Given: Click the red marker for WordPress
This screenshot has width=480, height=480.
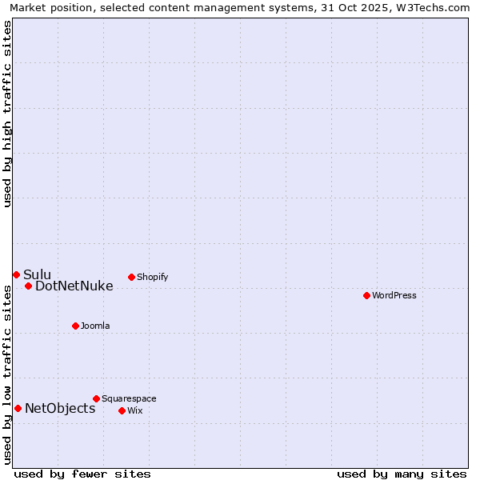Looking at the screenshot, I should pyautogui.click(x=366, y=295).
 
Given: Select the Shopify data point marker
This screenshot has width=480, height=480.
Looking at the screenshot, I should pyautogui.click(x=131, y=278).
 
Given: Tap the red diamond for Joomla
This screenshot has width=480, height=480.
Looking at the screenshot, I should pyautogui.click(x=75, y=326).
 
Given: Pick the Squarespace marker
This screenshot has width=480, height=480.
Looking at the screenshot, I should pyautogui.click(x=96, y=398).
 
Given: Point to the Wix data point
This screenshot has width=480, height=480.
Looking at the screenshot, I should pyautogui.click(x=122, y=410).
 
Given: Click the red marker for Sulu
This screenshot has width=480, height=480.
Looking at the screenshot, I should pyautogui.click(x=16, y=274).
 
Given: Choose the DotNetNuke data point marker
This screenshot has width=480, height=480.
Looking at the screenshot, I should pyautogui.click(x=28, y=286).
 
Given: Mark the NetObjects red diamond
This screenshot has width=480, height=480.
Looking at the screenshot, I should pyautogui.click(x=18, y=408).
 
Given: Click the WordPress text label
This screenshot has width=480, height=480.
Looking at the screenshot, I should pyautogui.click(x=394, y=295).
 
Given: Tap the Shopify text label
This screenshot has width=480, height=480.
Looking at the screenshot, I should pyautogui.click(x=152, y=278).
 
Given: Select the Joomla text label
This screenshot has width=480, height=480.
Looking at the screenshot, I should pyautogui.click(x=95, y=326).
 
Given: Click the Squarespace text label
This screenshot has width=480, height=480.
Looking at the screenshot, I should pyautogui.click(x=129, y=398).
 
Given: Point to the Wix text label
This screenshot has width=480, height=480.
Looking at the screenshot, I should pyautogui.click(x=134, y=410).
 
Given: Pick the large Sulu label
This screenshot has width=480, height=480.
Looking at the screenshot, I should pyautogui.click(x=37, y=274).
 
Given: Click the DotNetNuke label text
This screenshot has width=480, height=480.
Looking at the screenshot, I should pyautogui.click(x=74, y=286).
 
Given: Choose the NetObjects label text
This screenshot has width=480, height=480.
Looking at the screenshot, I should pyautogui.click(x=60, y=408).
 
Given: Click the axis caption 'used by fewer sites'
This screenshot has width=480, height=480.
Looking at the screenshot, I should pyautogui.click(x=82, y=474).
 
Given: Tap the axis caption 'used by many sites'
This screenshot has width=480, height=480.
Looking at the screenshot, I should pyautogui.click(x=402, y=474).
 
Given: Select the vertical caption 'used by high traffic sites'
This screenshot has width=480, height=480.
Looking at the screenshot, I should pyautogui.click(x=7, y=114).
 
